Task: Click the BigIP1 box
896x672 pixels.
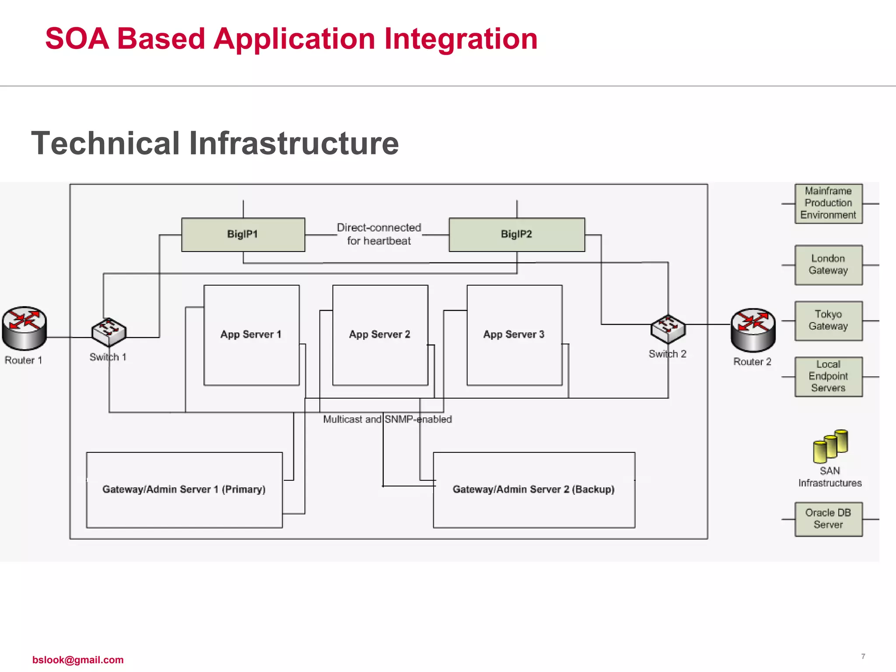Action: tap(243, 234)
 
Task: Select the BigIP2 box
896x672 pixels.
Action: tap(516, 234)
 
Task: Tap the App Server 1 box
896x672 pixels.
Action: tap(251, 335)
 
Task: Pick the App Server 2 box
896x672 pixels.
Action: tap(380, 335)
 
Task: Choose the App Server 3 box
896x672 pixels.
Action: tap(514, 335)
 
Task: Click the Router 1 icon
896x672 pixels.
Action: tap(24, 328)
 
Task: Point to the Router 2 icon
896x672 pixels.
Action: tap(753, 330)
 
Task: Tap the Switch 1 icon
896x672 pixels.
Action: tap(108, 332)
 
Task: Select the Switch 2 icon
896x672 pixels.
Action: tap(668, 329)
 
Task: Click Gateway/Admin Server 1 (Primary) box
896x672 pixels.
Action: tap(184, 490)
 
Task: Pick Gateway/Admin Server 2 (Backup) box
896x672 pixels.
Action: tap(534, 490)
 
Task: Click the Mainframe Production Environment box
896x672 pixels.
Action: tap(828, 203)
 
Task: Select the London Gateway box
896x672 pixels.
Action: tap(828, 265)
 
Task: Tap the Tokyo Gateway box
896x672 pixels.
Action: tap(828, 321)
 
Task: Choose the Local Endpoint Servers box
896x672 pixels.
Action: tap(828, 376)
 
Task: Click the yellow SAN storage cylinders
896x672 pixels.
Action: tap(830, 446)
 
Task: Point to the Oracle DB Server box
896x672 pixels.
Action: tap(828, 519)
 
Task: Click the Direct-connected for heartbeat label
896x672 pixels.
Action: tap(379, 234)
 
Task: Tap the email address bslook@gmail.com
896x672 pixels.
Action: tap(78, 660)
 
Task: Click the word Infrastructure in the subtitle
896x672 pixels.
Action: tap(294, 143)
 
